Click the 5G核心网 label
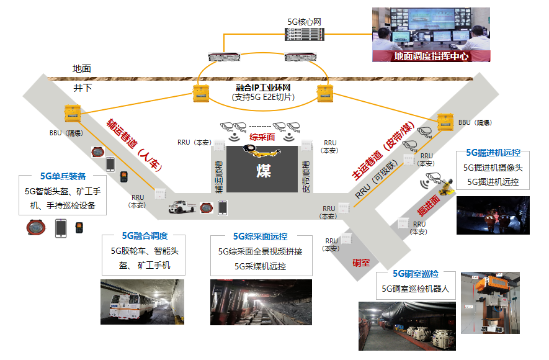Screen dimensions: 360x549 (304, 22)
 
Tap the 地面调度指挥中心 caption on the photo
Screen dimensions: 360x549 (431, 56)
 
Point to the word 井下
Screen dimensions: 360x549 (82, 88)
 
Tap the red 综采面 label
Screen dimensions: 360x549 (262, 137)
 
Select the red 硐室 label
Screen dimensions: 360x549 (360, 263)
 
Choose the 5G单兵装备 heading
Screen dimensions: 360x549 (63, 176)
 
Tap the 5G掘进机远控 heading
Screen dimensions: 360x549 (493, 153)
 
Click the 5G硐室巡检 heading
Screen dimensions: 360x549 (415, 274)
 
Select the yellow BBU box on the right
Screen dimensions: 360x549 (446, 121)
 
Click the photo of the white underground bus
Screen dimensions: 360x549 (142, 302)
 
